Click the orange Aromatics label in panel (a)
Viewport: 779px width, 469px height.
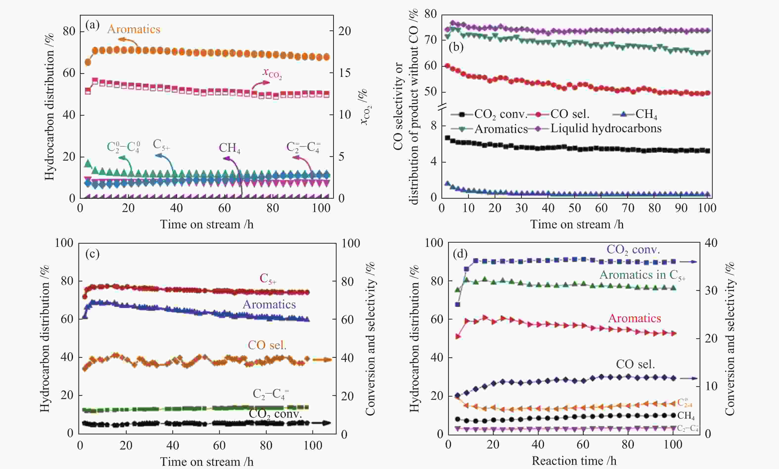[x=134, y=29]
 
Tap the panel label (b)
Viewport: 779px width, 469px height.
[x=456, y=47]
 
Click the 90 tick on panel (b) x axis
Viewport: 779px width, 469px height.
[x=681, y=208]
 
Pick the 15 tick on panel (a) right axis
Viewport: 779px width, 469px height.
[x=344, y=73]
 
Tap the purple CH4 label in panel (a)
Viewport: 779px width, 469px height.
[x=229, y=148]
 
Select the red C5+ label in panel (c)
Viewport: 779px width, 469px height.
[x=268, y=278]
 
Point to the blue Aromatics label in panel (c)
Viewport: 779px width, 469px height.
[x=269, y=304]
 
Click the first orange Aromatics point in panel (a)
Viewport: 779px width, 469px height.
[x=88, y=62]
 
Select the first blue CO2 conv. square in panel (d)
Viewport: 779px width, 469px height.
[x=458, y=304]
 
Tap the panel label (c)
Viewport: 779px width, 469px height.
[x=92, y=254]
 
